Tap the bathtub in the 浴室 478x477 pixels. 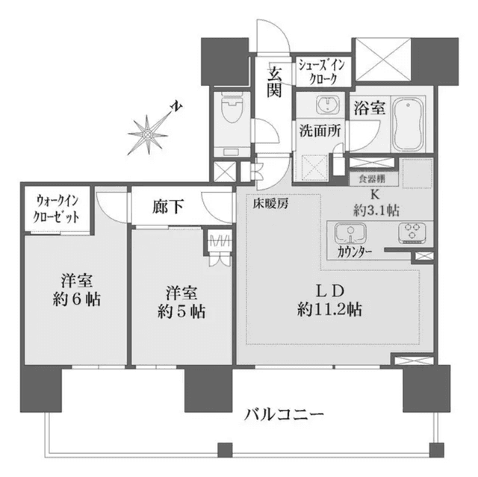[409, 124]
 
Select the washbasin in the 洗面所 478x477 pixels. [327, 105]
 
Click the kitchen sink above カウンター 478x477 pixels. [350, 233]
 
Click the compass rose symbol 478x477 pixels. [148, 134]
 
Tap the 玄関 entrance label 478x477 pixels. [274, 81]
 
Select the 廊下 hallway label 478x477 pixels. [168, 207]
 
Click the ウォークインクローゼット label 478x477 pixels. [57, 209]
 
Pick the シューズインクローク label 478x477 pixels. [322, 72]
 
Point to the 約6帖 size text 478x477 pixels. [76, 300]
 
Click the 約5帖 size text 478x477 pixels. [181, 311]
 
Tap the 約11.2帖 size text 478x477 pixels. [329, 310]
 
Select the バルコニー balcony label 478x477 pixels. [284, 414]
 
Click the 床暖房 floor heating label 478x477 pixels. [270, 204]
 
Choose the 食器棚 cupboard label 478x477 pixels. [372, 179]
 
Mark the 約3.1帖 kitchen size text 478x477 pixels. [376, 211]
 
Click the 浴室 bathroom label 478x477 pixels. [370, 107]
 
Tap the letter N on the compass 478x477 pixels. [177, 106]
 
